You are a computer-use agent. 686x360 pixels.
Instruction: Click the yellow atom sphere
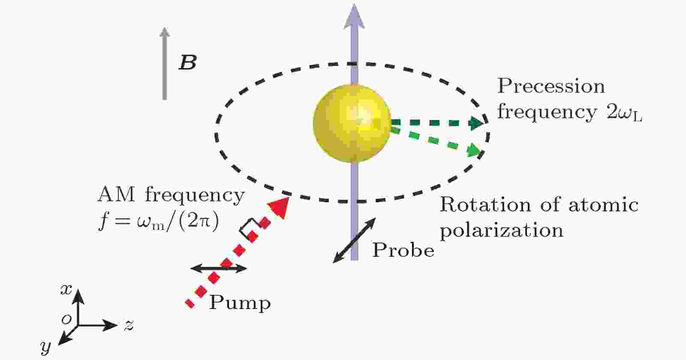click(352, 123)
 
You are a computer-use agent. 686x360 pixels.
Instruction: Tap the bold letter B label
click(187, 63)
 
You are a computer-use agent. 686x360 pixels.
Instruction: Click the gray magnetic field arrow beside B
click(165, 63)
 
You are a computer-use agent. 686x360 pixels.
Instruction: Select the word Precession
click(551, 86)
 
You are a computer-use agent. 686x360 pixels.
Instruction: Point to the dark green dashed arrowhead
click(477, 123)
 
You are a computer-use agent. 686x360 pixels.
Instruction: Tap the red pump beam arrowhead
click(279, 207)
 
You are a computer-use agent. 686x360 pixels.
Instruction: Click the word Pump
click(240, 303)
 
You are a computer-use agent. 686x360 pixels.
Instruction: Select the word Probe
click(403, 250)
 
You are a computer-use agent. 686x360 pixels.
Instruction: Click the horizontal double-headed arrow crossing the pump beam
click(219, 269)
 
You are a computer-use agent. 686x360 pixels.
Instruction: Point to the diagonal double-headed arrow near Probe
click(354, 240)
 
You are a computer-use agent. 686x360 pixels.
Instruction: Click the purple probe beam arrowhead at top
click(354, 17)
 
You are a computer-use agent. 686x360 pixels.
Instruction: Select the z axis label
click(129, 325)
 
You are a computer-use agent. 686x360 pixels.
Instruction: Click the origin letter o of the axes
click(66, 319)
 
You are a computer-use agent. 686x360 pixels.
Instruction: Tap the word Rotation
click(485, 204)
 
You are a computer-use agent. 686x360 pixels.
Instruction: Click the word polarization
click(502, 230)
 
